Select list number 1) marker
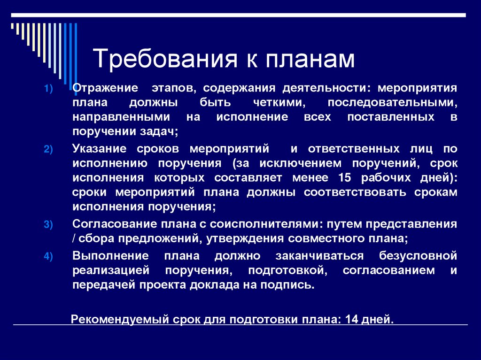[50, 89]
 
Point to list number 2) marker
[50, 150]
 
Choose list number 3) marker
[50, 225]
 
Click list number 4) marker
[50, 257]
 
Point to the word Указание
[100, 149]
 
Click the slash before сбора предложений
[75, 238]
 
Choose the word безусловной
[418, 256]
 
